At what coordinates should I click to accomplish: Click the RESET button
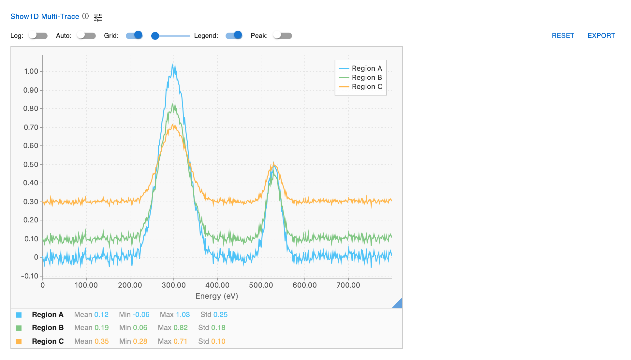(x=563, y=36)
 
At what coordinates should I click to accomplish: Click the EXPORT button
(x=601, y=36)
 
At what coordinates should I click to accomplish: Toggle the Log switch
(x=38, y=36)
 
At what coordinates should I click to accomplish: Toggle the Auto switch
(x=86, y=36)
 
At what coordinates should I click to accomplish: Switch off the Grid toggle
(x=134, y=36)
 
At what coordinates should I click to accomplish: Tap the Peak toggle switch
(x=283, y=36)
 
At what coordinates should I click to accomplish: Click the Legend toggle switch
(x=234, y=36)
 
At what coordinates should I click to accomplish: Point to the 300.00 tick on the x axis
(x=174, y=285)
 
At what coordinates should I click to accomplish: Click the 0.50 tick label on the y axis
(x=31, y=164)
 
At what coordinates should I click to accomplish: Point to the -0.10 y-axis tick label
(x=30, y=276)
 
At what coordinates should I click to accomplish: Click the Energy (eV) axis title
(x=217, y=296)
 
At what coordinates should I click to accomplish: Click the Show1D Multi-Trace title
(x=45, y=17)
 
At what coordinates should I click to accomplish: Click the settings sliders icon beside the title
(x=98, y=17)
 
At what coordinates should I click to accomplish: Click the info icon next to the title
(x=85, y=16)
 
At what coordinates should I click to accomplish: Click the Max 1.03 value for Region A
(x=175, y=315)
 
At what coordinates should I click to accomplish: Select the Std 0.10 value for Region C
(x=212, y=341)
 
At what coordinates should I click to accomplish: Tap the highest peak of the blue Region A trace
(x=173, y=64)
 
